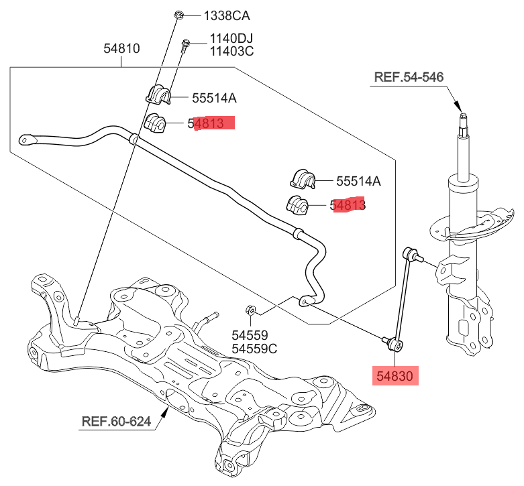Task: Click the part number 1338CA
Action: [213, 15]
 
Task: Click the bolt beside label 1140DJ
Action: [186, 44]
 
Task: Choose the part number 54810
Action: [121, 49]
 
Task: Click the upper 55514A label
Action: [214, 98]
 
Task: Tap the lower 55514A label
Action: [358, 180]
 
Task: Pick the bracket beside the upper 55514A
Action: [159, 94]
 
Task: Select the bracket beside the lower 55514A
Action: [303, 178]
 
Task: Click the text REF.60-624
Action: [115, 422]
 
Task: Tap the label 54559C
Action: [254, 349]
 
